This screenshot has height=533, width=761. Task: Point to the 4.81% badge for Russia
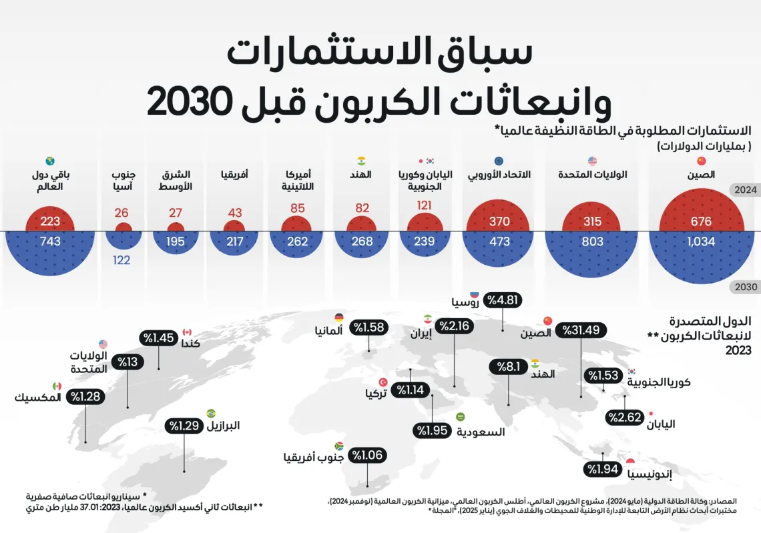503,300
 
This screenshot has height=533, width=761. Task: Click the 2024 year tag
745,189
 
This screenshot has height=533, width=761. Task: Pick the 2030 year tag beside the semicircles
745,287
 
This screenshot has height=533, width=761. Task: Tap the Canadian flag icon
187,332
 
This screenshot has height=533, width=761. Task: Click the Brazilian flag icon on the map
211,414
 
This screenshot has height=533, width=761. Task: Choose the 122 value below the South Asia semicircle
121,260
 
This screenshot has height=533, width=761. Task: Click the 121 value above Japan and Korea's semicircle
425,206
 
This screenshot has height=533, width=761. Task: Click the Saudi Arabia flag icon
460,417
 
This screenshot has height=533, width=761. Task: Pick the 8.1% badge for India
509,366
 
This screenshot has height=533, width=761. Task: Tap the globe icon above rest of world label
50,161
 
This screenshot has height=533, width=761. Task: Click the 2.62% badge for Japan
624,418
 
